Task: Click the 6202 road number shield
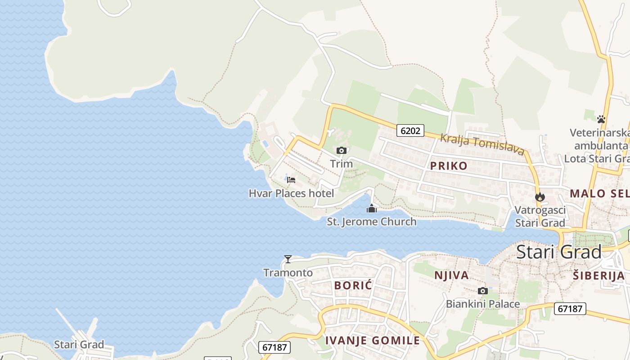410,131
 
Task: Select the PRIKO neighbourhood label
449,166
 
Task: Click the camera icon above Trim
342,150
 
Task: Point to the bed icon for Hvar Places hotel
291,180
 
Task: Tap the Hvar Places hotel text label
291,193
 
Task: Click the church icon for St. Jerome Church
372,208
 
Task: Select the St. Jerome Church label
372,221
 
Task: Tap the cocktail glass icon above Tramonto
288,259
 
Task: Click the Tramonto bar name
288,273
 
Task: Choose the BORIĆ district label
354,285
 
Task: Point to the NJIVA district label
451,275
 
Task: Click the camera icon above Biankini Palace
483,291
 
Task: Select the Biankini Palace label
483,304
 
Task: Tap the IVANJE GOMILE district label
373,341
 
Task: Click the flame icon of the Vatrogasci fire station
540,197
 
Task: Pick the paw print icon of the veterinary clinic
601,119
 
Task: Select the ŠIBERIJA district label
599,276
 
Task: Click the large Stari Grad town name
558,252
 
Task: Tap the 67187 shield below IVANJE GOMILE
275,347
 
